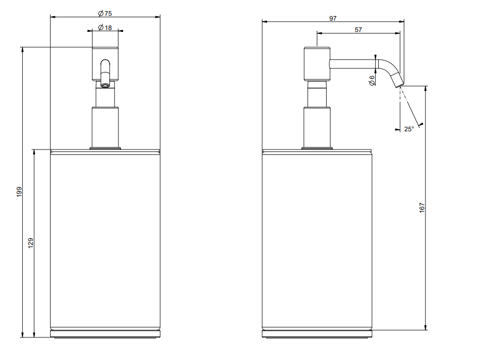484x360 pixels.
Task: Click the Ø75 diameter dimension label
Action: point(105,13)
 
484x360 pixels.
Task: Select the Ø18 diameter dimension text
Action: point(105,28)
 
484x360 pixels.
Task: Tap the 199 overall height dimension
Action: point(19,192)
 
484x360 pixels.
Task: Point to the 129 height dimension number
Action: point(30,243)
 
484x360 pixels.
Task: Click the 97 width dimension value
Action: point(333,18)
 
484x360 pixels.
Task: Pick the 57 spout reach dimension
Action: point(358,30)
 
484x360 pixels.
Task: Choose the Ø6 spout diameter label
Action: point(372,80)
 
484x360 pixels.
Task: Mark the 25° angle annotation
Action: point(409,129)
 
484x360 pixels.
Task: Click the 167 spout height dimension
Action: point(422,208)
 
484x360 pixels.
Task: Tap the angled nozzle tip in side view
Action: point(397,80)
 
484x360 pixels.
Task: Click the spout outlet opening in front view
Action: point(105,84)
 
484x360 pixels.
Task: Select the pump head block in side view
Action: point(317,64)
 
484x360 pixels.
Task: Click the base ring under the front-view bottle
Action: point(105,334)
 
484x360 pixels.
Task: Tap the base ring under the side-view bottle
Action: point(317,334)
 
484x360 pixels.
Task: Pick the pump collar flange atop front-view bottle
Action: point(105,148)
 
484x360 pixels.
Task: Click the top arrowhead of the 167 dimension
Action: point(426,89)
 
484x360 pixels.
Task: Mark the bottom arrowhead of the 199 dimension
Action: point(22,335)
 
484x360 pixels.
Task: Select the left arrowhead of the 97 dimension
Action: point(265,22)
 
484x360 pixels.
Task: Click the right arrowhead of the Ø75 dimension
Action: point(158,17)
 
